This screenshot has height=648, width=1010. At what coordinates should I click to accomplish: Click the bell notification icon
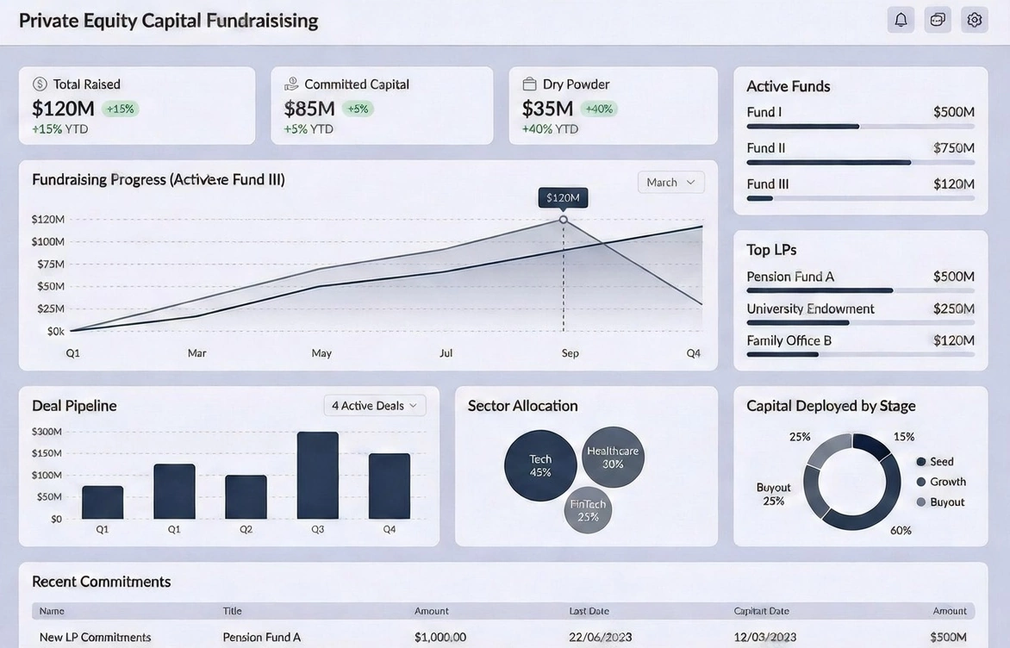901,20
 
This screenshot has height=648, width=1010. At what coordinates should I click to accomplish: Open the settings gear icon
975,20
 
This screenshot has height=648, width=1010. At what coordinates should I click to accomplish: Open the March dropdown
670,183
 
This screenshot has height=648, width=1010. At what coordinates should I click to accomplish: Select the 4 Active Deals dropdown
374,406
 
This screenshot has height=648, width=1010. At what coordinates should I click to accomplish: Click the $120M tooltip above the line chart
563,198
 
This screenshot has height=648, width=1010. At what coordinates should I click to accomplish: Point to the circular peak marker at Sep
564,220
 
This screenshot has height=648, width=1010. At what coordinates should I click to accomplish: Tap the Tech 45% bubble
540,465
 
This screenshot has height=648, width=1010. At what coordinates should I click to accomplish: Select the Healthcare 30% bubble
613,457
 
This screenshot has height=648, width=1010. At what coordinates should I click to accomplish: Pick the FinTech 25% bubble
588,510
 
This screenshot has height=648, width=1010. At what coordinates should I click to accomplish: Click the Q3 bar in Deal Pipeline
317,476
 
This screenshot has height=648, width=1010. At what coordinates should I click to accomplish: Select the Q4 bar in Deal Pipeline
389,486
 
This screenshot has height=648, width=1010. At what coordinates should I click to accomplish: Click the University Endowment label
810,308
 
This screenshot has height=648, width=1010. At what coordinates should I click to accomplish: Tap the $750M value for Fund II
953,148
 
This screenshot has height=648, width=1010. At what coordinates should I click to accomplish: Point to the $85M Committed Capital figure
309,109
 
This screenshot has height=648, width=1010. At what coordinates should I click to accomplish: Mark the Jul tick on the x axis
446,353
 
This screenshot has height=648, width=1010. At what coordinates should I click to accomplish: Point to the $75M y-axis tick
51,264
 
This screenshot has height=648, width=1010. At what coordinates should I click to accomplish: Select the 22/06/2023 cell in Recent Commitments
601,638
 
